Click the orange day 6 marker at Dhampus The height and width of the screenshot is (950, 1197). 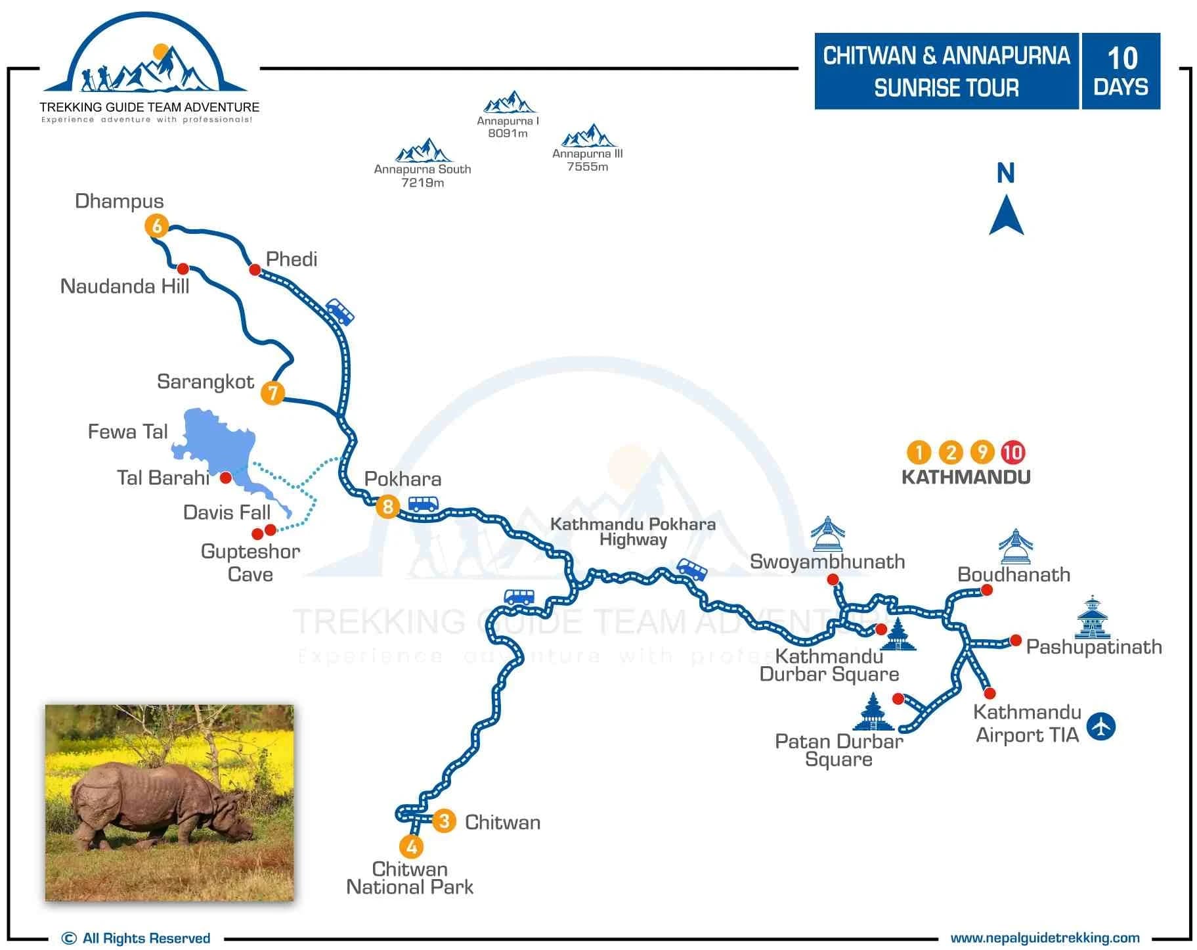point(157,226)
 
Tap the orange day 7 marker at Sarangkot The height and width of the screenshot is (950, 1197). point(272,393)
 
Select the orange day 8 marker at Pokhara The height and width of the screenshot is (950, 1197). point(388,507)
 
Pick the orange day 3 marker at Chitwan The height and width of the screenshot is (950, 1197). point(445,821)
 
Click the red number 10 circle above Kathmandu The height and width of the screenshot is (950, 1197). point(1013,452)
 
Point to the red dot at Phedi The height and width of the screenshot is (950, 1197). point(255,269)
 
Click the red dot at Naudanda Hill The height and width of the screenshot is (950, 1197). point(183,269)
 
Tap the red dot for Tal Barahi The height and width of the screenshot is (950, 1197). point(225,477)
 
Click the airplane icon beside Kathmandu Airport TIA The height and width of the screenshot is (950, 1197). point(1101,727)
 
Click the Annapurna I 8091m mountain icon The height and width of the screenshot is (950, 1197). point(508,102)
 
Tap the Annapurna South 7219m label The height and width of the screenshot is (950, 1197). point(422,175)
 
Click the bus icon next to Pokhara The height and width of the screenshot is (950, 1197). point(424,504)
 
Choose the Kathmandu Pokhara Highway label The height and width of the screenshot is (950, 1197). point(633,532)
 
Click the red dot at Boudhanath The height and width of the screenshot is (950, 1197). point(986,590)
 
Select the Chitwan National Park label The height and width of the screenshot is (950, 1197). point(410,878)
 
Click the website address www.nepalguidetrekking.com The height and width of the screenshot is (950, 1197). point(1045,938)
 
